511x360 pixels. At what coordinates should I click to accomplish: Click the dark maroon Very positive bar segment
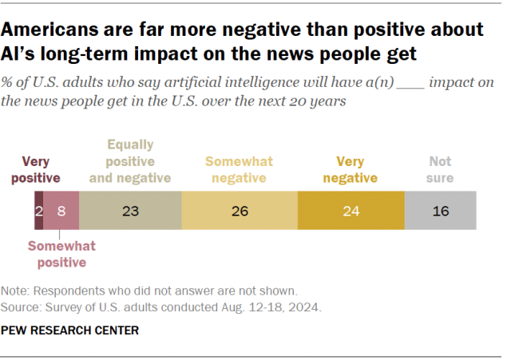click(38, 212)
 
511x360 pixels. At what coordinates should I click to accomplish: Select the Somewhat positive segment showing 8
click(61, 212)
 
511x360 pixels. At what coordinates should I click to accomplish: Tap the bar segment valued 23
click(131, 212)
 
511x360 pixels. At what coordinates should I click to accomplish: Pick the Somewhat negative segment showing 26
click(240, 212)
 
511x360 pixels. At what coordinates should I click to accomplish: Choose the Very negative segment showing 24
click(351, 212)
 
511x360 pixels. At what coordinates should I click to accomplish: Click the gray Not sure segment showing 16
click(440, 212)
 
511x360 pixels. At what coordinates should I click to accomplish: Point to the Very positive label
click(41, 168)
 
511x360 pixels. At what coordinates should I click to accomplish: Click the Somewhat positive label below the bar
click(57, 254)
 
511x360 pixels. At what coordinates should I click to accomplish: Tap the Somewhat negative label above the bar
click(239, 168)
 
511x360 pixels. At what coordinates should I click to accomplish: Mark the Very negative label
click(351, 168)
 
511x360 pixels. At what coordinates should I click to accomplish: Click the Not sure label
click(440, 168)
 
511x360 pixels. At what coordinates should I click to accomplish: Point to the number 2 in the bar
click(38, 212)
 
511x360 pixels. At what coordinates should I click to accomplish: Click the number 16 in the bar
click(440, 212)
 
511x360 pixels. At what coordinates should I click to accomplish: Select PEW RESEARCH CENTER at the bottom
click(70, 330)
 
